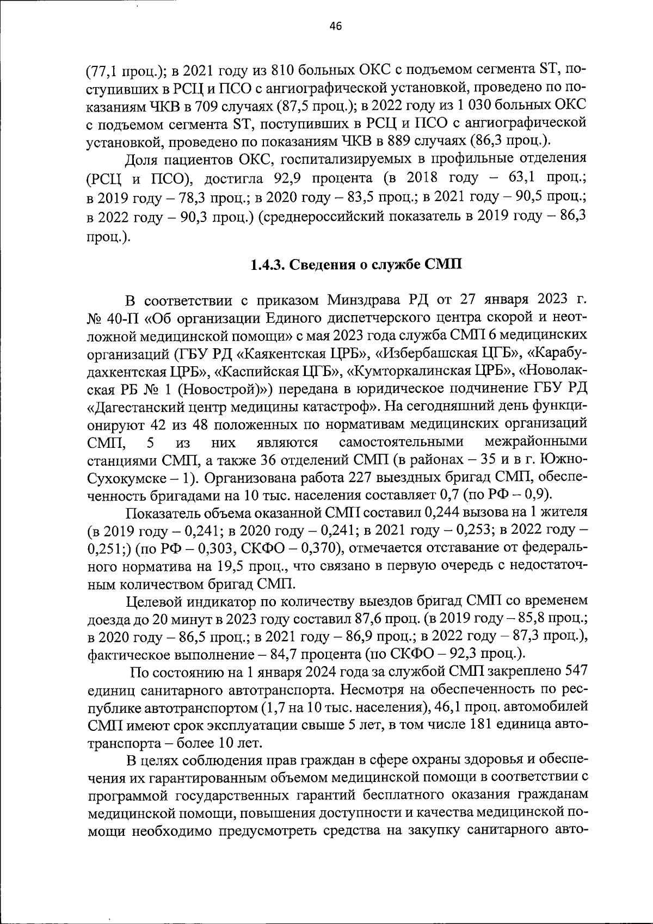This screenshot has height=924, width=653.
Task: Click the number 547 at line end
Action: [x=575, y=672]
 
